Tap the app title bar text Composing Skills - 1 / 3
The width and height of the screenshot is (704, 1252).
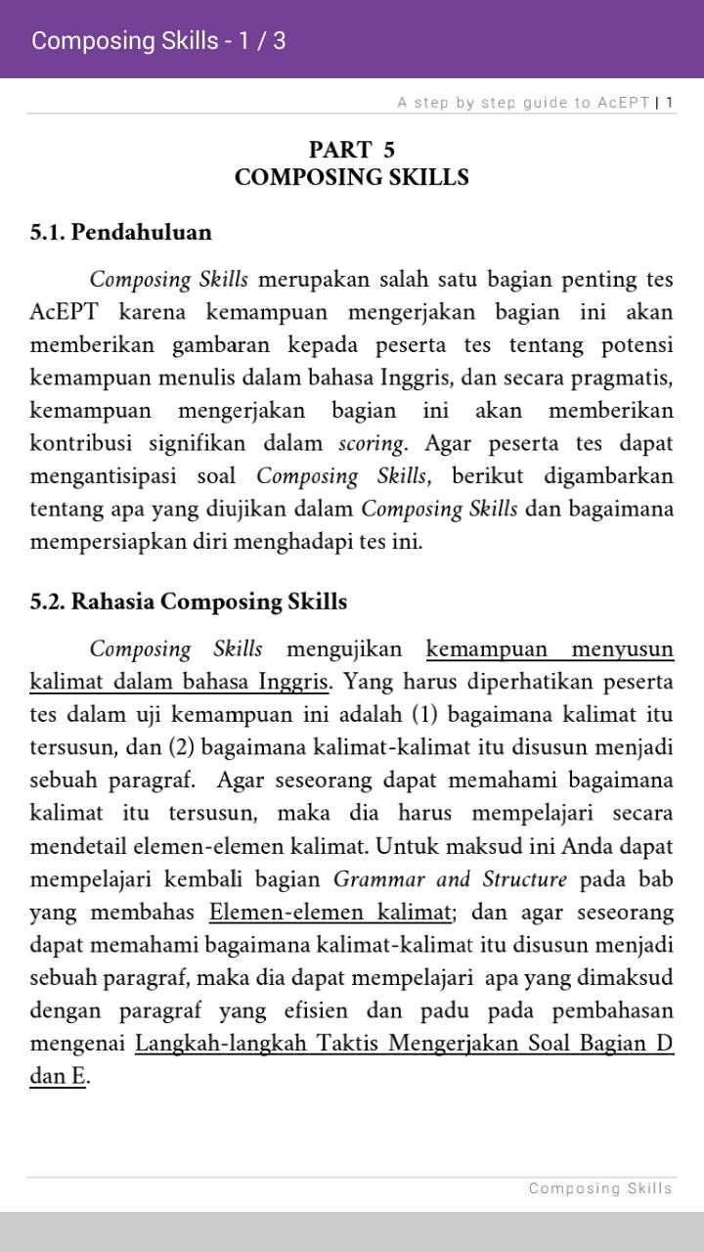pos(158,41)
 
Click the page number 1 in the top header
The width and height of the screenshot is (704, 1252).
pos(670,103)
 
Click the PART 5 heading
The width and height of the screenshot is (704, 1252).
pos(352,150)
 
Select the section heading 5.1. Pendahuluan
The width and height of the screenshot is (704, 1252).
pos(120,233)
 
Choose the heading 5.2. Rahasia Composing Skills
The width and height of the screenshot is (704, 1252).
pos(188,602)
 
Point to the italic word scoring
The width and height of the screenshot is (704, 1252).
pos(372,443)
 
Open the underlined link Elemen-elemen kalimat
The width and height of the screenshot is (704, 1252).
pos(330,913)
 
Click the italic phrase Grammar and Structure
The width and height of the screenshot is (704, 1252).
pos(450,879)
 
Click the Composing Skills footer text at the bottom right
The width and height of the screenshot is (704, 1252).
pos(600,1188)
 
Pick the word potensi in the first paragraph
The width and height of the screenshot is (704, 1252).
pos(637,345)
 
